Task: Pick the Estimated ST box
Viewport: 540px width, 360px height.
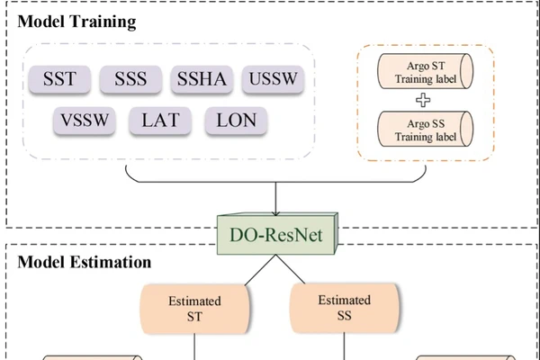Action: click(x=195, y=308)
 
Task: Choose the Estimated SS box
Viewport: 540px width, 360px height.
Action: click(x=344, y=308)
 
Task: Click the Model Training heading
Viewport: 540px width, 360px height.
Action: click(x=76, y=19)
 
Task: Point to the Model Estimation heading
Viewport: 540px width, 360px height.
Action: click(x=85, y=263)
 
